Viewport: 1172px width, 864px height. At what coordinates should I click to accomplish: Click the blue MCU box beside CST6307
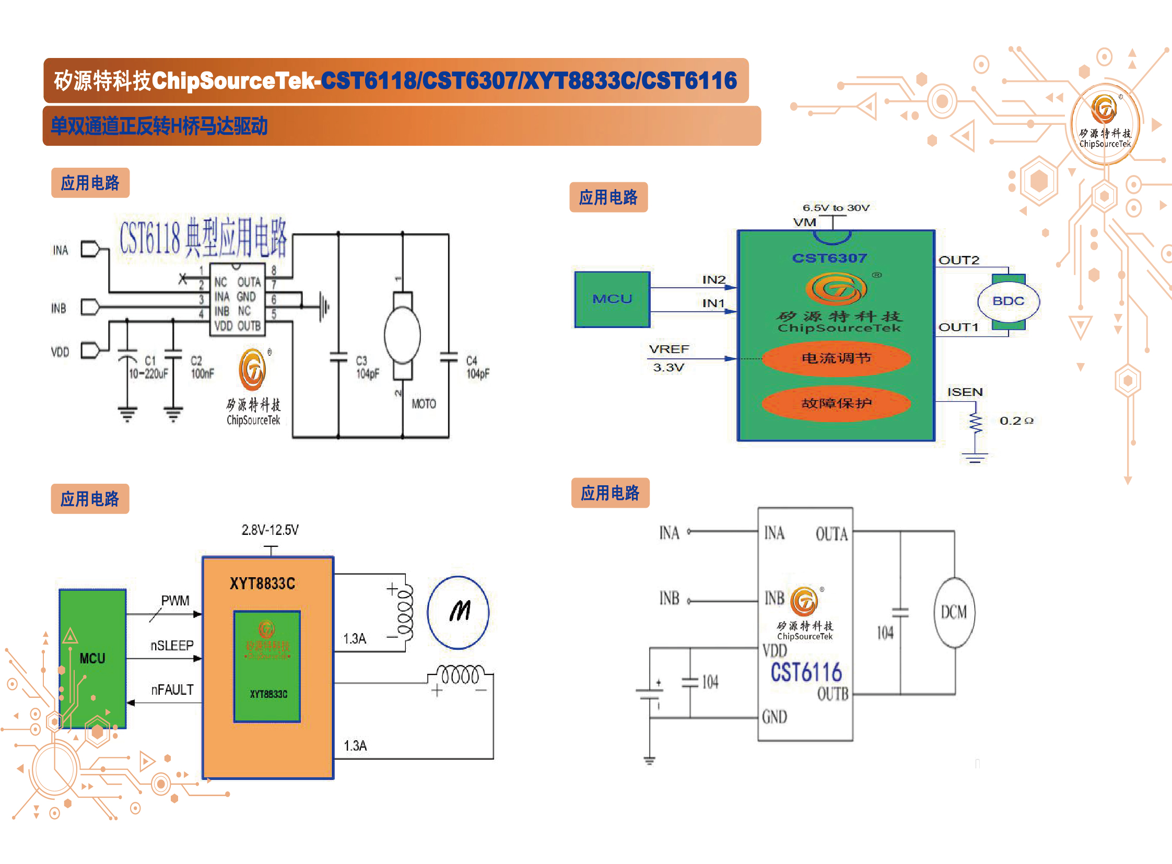click(612, 299)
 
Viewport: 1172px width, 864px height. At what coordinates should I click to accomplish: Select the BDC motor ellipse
click(1008, 301)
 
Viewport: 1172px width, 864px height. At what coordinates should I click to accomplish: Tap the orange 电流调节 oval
click(836, 358)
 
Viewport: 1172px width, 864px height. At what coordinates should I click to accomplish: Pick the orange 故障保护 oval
click(836, 403)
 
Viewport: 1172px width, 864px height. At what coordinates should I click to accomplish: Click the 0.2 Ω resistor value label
click(1016, 421)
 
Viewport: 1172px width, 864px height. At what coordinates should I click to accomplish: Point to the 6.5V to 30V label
click(836, 207)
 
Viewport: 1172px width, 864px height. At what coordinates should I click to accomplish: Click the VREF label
click(669, 349)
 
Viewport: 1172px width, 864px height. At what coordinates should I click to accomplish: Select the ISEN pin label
click(964, 392)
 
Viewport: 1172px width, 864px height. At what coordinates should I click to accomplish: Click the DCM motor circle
click(954, 612)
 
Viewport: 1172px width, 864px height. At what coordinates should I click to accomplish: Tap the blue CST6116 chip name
click(806, 673)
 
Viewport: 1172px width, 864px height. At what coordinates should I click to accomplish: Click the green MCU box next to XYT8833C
click(92, 658)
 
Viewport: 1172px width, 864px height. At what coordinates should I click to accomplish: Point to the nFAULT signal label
click(172, 690)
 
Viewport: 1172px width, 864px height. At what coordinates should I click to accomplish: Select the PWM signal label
click(175, 600)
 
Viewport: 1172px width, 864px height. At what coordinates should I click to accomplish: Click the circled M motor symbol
click(458, 612)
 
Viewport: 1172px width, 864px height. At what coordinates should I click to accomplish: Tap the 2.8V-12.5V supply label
click(270, 530)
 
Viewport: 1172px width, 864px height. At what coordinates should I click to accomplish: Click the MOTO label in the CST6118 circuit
click(424, 404)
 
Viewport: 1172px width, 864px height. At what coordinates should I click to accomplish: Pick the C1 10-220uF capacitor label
click(149, 367)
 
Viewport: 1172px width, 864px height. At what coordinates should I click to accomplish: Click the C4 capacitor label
click(477, 367)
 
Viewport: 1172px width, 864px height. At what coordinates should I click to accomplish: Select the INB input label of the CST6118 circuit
click(58, 308)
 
